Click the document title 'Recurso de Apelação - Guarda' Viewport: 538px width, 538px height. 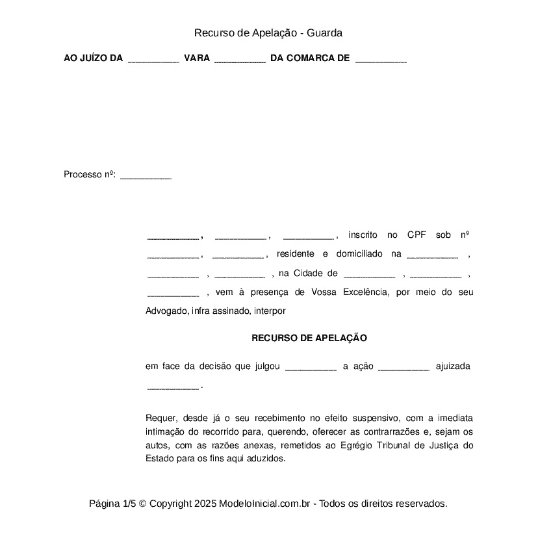coord(268,32)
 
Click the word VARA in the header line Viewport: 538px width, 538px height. coord(197,58)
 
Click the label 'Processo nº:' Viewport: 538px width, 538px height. coord(90,174)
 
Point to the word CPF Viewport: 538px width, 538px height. coord(416,235)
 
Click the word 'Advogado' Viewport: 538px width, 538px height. coord(166,311)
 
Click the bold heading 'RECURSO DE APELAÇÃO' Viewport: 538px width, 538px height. coord(309,338)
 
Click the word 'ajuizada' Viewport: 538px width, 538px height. coord(453,366)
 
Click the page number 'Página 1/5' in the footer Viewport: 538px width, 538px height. coord(112,504)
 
